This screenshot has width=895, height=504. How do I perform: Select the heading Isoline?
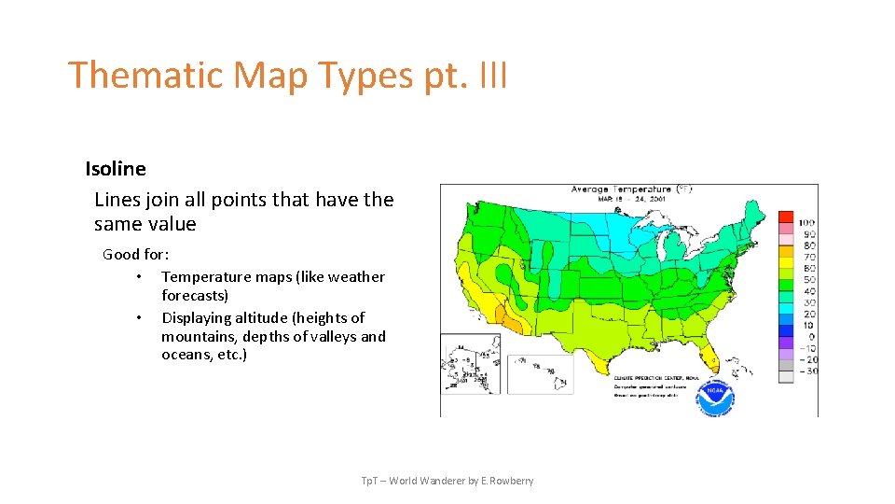point(116,169)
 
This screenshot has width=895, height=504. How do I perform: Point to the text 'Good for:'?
point(135,254)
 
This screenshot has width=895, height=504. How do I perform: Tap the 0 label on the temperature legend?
point(810,337)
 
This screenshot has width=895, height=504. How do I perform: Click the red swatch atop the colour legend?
point(786,218)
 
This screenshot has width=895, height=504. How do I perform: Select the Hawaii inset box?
point(540,373)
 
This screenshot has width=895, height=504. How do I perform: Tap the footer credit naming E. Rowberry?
point(447,481)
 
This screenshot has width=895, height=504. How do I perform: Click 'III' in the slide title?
point(492,75)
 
